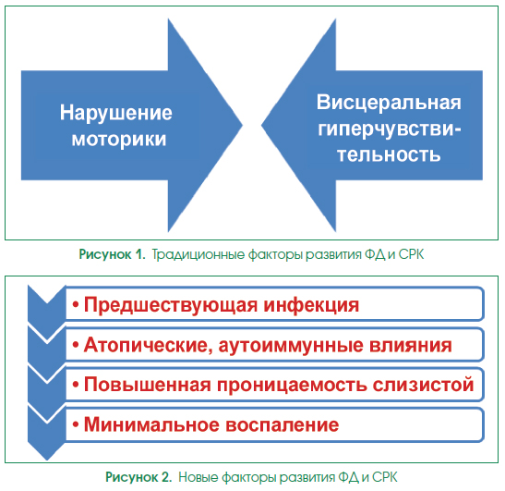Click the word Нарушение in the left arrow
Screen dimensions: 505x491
pyautogui.click(x=116, y=114)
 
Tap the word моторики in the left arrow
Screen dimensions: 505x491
pyautogui.click(x=119, y=140)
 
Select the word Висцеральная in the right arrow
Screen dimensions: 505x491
pyautogui.click(x=389, y=103)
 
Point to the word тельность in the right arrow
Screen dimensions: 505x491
pyautogui.click(x=389, y=154)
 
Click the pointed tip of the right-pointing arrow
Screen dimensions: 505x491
pyautogui.click(x=242, y=125)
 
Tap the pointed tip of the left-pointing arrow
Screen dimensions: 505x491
pyautogui.click(x=262, y=125)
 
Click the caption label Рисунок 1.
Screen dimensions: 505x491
pyautogui.click(x=112, y=254)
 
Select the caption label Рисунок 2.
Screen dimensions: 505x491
pyautogui.click(x=138, y=477)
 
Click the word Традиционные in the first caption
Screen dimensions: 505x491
pyautogui.click(x=198, y=254)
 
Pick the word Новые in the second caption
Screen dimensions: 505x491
pyautogui.click(x=198, y=477)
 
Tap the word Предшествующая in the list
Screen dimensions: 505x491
pyautogui.click(x=171, y=305)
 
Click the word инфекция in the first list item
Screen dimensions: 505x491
pyautogui.click(x=311, y=305)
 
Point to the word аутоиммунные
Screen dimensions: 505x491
pyautogui.click(x=291, y=345)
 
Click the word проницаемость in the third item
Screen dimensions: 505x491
pyautogui.click(x=292, y=386)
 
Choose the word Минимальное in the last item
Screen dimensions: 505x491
pyautogui.click(x=151, y=424)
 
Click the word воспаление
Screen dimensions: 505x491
pyautogui.click(x=283, y=425)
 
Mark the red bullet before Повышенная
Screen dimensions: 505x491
pyautogui.click(x=76, y=385)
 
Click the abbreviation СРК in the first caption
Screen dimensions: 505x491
pyautogui.click(x=411, y=254)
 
